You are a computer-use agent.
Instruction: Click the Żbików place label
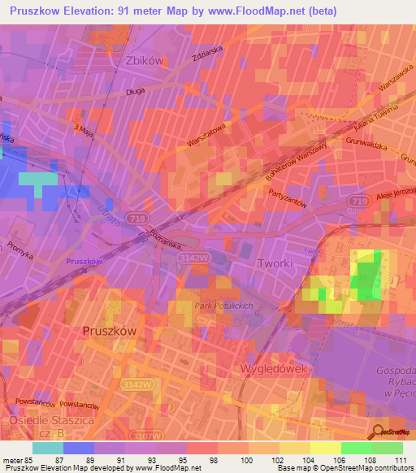coord(146,61)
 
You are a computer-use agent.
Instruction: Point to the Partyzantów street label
coord(286,197)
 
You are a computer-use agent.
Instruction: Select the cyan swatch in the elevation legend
coord(47,447)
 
